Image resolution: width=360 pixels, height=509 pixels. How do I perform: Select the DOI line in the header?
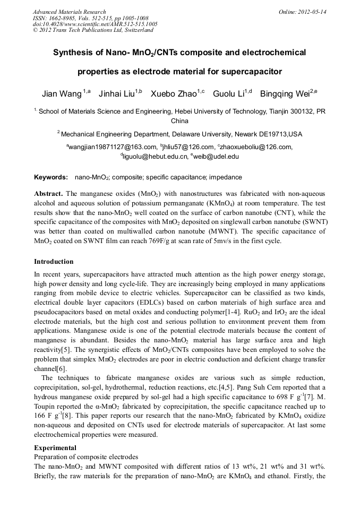(x=95, y=24)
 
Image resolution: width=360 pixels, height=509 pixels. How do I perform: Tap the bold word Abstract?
(x=48, y=194)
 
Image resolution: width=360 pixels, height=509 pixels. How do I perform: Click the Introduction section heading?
(x=54, y=262)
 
